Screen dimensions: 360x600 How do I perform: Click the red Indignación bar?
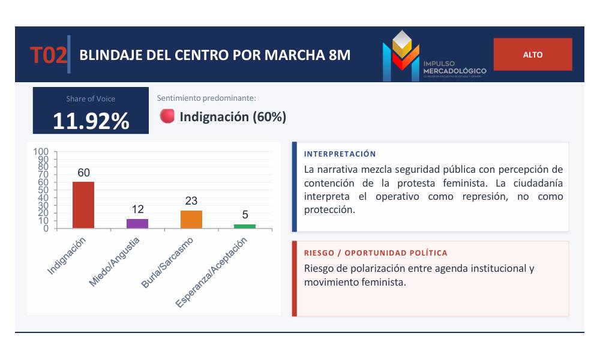tap(83, 205)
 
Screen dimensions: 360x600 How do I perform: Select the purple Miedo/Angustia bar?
tap(137, 223)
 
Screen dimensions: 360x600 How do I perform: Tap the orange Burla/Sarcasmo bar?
tap(191, 219)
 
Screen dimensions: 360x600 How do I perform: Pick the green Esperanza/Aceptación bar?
tap(245, 226)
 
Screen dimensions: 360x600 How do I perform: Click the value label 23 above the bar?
tap(191, 201)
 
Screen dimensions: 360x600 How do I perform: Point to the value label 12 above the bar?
tap(138, 209)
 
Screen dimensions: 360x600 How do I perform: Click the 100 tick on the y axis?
tap(41, 152)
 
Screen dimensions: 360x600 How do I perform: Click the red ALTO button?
tap(533, 55)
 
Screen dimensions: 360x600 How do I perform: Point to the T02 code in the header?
tap(48, 55)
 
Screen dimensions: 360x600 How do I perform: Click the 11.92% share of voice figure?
tap(91, 121)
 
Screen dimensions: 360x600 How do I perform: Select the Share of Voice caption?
tap(91, 99)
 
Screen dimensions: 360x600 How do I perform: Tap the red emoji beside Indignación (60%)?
tap(167, 116)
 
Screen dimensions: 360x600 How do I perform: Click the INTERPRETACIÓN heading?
tap(340, 154)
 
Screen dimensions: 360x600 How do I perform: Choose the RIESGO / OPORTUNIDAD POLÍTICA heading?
tap(376, 253)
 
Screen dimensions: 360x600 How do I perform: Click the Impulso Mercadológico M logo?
tap(401, 55)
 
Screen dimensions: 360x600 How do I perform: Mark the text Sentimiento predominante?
tap(206, 98)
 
